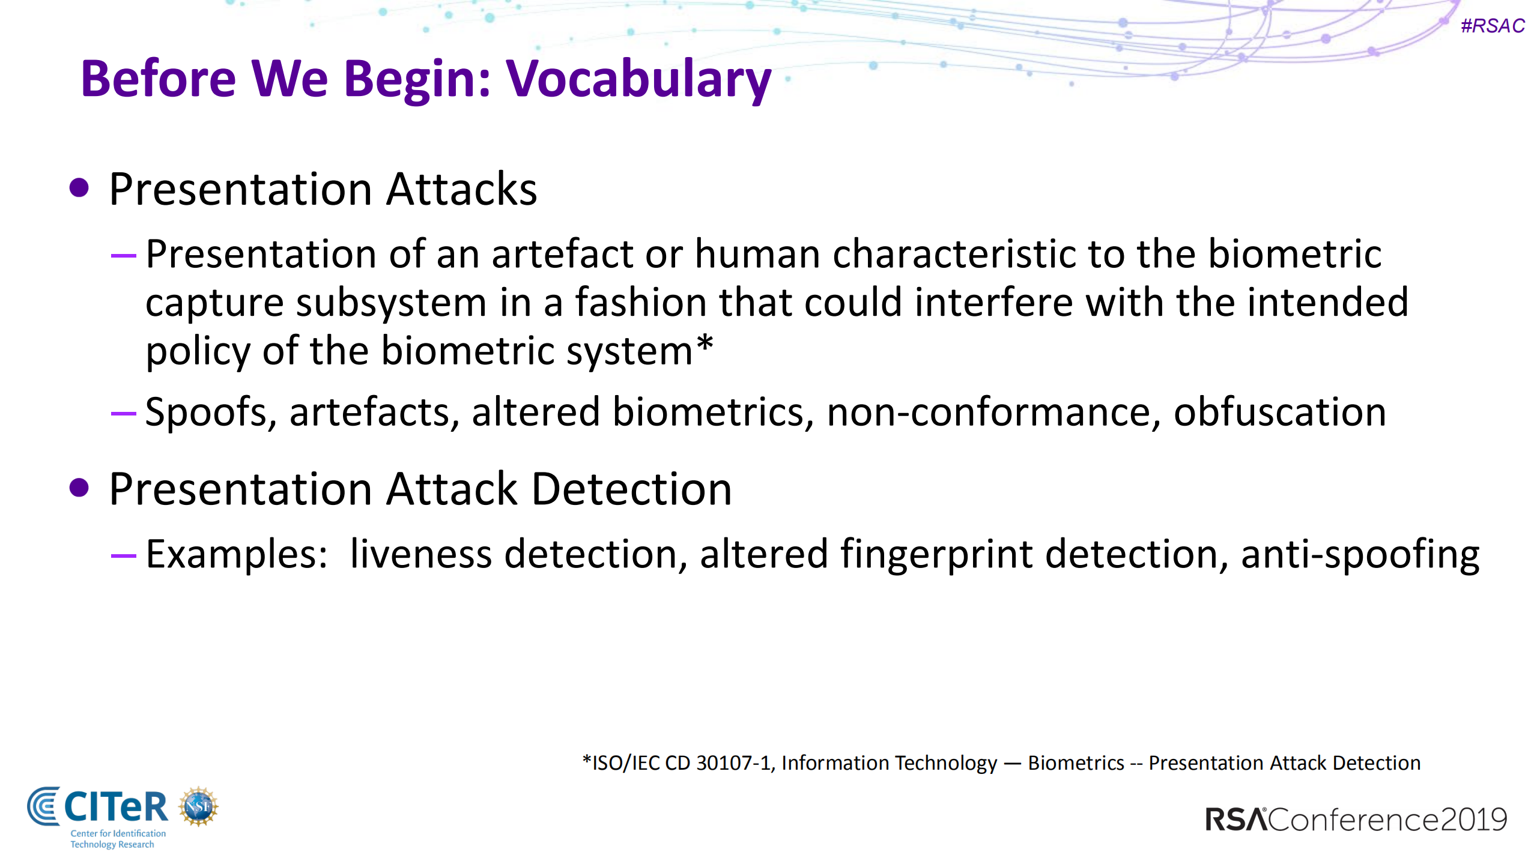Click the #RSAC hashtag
coord(1492,26)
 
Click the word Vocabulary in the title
coord(638,80)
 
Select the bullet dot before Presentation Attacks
coord(79,188)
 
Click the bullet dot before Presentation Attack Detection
coord(79,488)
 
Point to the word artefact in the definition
coord(562,254)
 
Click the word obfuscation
coord(1279,413)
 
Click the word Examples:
coord(237,554)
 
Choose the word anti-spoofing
coord(1360,554)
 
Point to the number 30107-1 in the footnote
coord(733,763)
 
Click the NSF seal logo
coord(198,806)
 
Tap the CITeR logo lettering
coord(115,806)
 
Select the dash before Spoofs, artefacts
coord(124,413)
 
